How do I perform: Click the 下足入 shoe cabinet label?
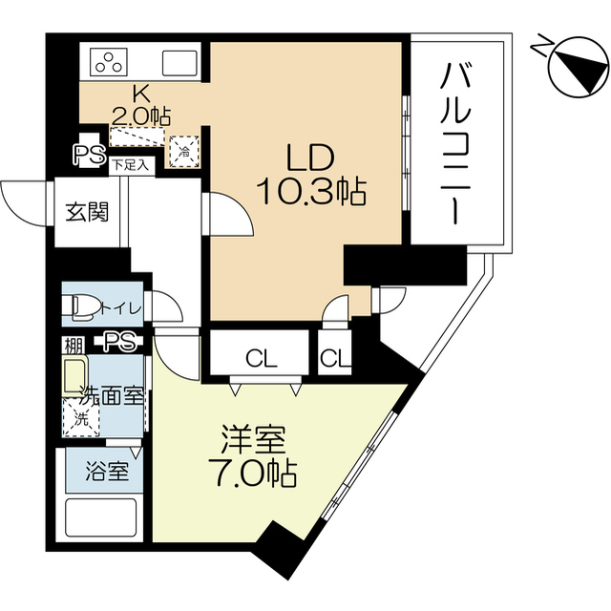tap(131, 164)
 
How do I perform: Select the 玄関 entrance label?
tap(86, 211)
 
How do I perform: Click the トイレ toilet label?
tap(124, 307)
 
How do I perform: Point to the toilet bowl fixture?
tap(86, 306)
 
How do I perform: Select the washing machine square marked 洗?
tap(80, 417)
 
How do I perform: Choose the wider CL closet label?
tap(262, 359)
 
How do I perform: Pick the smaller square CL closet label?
tap(335, 359)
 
